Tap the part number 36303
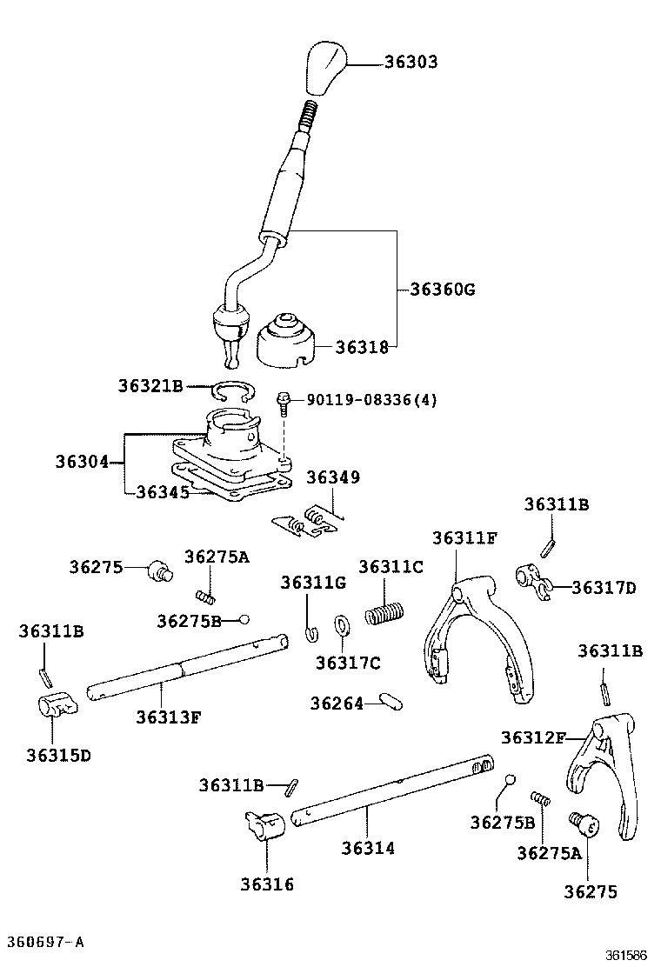click(412, 63)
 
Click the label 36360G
click(443, 289)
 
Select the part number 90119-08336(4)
click(371, 400)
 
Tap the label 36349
click(332, 477)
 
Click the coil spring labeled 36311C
click(384, 612)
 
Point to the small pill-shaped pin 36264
click(389, 701)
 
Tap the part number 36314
click(367, 847)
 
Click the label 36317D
click(604, 588)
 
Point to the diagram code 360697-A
click(46, 942)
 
